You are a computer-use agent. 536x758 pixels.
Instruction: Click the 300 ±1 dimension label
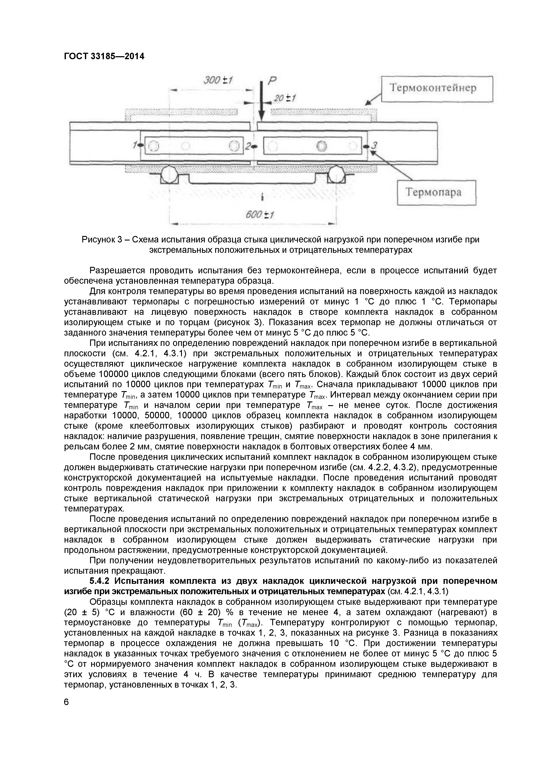point(218,80)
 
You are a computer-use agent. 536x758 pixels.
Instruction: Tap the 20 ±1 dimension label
point(285,98)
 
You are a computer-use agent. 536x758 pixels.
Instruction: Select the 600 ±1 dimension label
point(260,215)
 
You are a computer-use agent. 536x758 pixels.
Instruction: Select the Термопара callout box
point(436,193)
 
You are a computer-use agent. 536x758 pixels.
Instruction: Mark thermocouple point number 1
point(141,145)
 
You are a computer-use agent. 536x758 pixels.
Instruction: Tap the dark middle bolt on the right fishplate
point(321,146)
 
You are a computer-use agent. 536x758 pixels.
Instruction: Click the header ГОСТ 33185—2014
point(104,56)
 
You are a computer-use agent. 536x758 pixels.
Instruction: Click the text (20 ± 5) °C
point(85,612)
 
